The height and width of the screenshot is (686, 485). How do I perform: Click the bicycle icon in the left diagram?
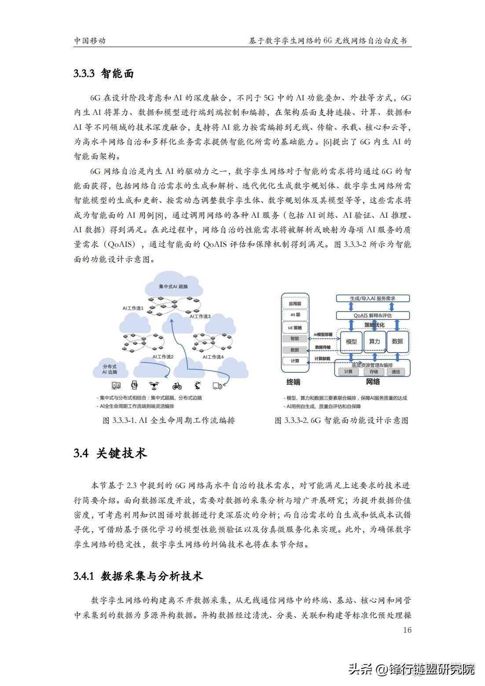(177, 386)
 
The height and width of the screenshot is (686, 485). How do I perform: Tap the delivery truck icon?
(217, 386)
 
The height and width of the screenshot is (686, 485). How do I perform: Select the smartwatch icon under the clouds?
(134, 386)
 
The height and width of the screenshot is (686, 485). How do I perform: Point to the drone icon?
(154, 386)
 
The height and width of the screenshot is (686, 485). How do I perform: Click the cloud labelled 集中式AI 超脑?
(173, 286)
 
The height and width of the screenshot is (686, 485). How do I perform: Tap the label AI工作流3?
(200, 316)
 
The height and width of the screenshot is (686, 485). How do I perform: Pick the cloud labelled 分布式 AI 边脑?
(110, 369)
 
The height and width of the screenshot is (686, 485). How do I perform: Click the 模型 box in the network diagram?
(351, 341)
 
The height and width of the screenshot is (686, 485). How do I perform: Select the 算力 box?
(375, 341)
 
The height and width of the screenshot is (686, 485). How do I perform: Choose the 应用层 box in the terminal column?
(295, 304)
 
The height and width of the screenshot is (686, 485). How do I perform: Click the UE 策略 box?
(295, 328)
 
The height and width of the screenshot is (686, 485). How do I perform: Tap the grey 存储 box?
(374, 372)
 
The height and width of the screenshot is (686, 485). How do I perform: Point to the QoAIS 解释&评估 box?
(373, 315)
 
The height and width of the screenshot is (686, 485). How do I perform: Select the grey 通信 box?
(396, 372)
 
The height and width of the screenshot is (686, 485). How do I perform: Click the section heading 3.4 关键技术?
(110, 454)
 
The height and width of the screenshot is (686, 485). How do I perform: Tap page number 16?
(407, 630)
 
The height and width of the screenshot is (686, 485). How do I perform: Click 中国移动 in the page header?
(90, 41)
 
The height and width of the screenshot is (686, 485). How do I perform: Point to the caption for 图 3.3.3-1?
(169, 420)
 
